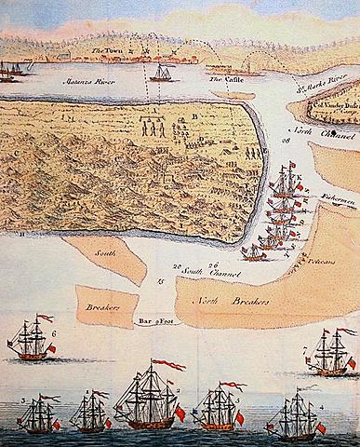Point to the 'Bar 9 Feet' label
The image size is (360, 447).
[156, 321]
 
